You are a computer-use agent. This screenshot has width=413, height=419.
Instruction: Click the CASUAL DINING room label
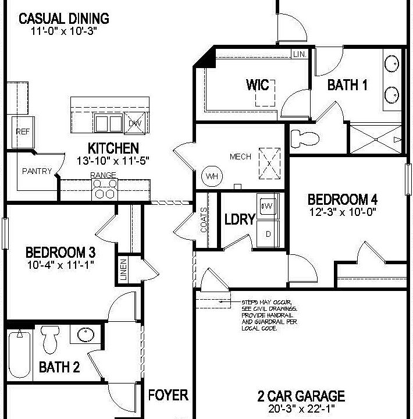pos(64,18)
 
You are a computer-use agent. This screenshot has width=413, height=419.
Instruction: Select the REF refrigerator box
pos(22,132)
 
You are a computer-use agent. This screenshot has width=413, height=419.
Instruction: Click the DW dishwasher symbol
pos(136,123)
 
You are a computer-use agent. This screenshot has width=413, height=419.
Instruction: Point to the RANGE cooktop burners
pos(105,190)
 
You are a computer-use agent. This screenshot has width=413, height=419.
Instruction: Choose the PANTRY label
pos(37,171)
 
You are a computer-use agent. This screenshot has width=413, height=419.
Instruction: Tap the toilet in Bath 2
pos(51,339)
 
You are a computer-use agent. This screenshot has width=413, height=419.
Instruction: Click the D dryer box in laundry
pos(268,233)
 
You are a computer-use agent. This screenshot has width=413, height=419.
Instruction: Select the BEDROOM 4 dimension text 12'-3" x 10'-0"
pos(342,212)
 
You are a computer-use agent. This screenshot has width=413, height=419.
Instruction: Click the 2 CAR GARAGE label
pos(301,397)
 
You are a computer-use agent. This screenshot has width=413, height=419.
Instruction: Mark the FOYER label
pos(168,395)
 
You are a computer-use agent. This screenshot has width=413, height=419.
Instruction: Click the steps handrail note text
pos(269,315)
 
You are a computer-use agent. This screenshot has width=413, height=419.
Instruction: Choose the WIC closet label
pos(258,86)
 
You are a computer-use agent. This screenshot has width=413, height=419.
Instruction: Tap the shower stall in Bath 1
pos(375,139)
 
